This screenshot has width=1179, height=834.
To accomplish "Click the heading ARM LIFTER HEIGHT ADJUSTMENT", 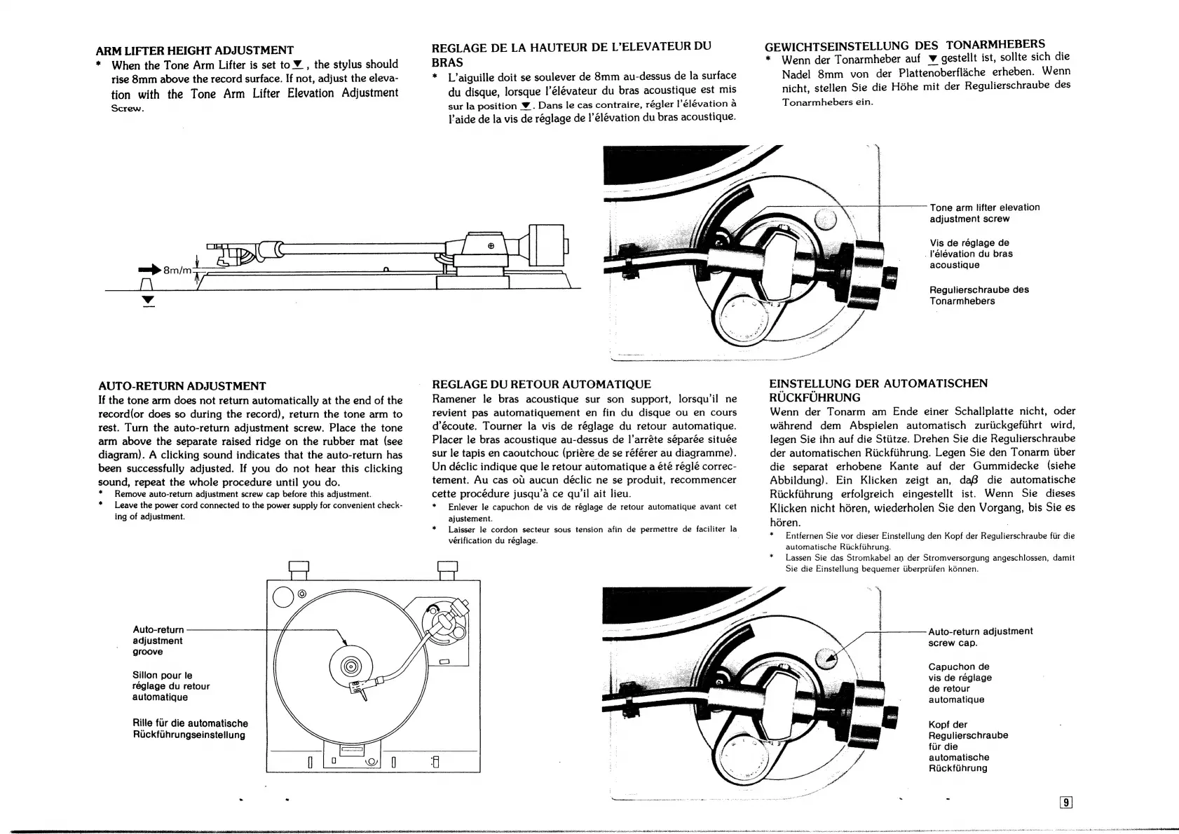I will click(x=194, y=50).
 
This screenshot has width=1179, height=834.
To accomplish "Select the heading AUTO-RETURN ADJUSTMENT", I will click(x=182, y=386).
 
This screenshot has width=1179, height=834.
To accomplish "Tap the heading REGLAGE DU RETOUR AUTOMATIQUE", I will click(x=541, y=384).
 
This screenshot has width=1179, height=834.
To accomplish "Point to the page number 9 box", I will click(x=1066, y=803).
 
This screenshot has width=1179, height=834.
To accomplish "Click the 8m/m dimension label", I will click(x=177, y=270).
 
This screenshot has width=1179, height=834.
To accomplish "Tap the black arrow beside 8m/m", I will click(x=149, y=269).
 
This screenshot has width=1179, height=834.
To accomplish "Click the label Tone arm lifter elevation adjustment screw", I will click(x=984, y=213).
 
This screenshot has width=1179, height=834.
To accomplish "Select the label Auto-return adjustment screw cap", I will click(x=980, y=637).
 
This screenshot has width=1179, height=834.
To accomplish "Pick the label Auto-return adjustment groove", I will click(x=158, y=641).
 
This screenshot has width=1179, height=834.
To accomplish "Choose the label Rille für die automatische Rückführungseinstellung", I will click(x=190, y=729).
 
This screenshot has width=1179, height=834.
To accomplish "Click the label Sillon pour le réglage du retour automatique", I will click(x=170, y=686).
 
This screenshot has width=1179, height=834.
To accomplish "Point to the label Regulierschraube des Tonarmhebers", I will click(x=979, y=295).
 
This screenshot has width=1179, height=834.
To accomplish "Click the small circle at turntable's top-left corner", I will click(x=283, y=596).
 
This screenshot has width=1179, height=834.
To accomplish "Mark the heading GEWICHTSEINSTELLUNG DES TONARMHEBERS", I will click(x=904, y=45).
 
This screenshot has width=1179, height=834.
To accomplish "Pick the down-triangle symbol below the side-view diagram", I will click(x=148, y=301).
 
